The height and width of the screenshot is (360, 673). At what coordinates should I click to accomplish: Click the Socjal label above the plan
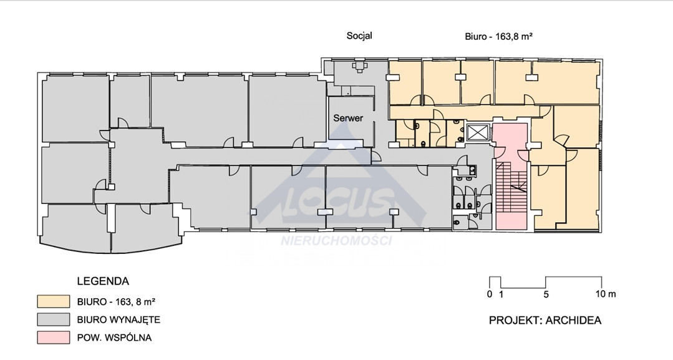coord(359,36)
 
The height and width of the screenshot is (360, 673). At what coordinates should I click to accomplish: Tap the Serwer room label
coord(348,118)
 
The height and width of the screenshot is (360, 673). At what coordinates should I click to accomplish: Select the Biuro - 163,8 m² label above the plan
coord(499,37)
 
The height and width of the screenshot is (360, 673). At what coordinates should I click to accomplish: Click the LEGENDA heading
coord(103,281)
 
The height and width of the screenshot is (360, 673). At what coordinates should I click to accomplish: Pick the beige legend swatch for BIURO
coord(53,301)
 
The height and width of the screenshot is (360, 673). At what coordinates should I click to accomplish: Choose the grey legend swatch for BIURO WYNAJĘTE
coord(53,319)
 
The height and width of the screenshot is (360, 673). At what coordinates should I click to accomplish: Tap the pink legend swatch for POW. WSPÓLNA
coord(53,338)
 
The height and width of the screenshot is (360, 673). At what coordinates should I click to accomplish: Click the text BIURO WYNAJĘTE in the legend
coord(119,319)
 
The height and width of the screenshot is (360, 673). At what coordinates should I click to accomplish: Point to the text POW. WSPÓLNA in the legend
coord(114,338)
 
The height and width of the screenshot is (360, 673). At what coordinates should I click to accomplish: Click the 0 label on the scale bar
coord(490,294)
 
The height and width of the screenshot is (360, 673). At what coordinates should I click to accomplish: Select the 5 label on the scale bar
coord(546,294)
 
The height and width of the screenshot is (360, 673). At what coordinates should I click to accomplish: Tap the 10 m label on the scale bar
coord(606,294)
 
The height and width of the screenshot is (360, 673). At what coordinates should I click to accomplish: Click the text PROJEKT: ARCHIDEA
coord(545,320)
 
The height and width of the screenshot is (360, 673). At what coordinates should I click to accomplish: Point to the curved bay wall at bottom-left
coord(112,251)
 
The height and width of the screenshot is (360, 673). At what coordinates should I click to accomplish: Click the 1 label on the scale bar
coord(501,294)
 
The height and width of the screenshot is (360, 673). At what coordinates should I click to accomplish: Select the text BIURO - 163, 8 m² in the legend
coord(116,301)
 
